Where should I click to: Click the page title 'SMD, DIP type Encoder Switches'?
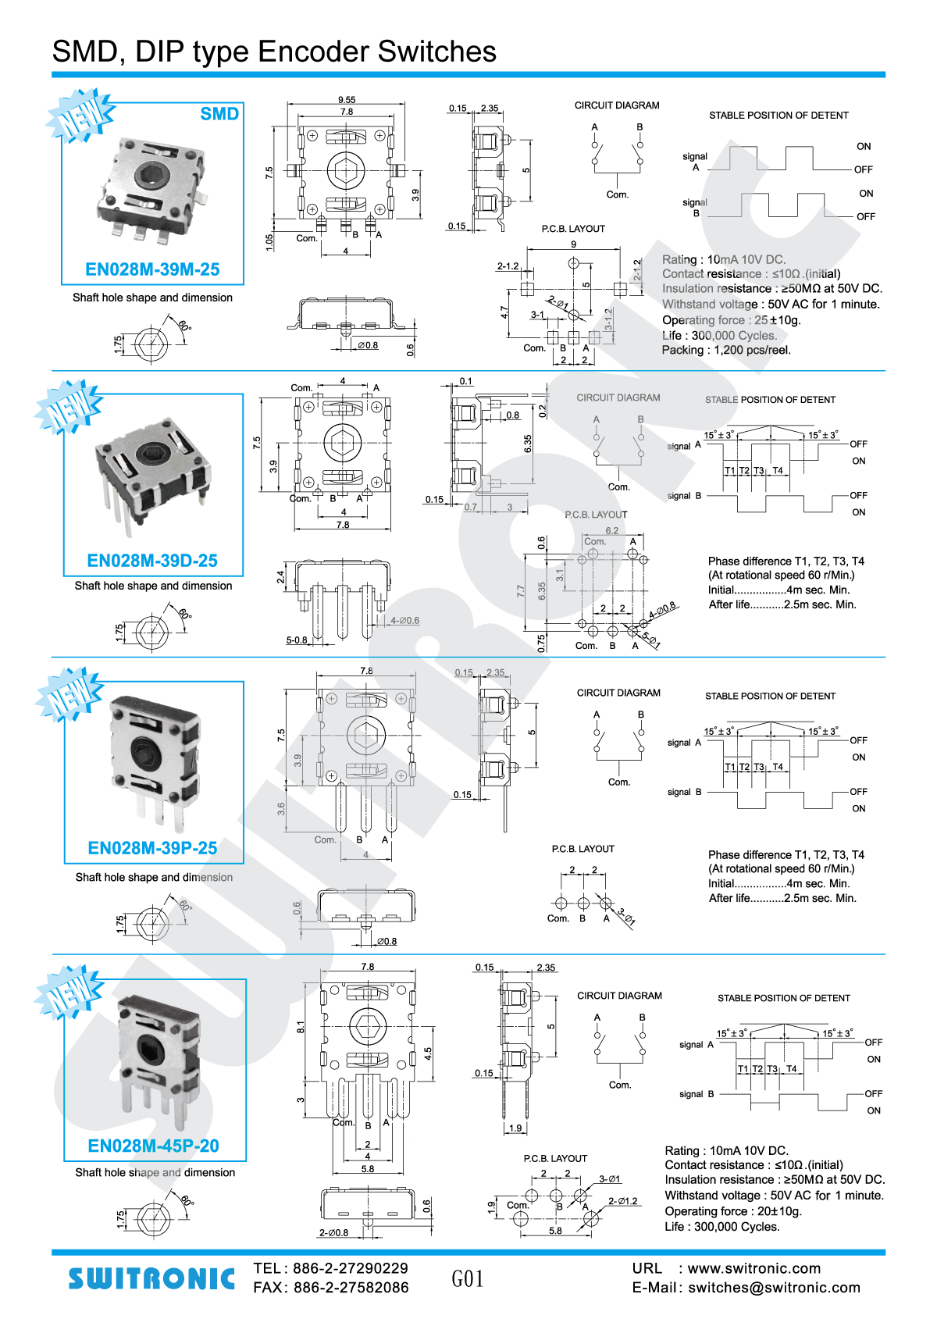(x=274, y=52)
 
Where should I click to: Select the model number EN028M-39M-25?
(x=152, y=269)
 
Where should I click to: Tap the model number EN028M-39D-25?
(x=152, y=561)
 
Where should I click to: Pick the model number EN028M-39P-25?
(x=152, y=848)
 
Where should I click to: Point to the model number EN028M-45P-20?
(x=153, y=1146)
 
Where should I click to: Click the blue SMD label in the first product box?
(x=219, y=114)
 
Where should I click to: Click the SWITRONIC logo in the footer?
(x=151, y=1278)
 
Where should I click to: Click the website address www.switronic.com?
(x=754, y=1268)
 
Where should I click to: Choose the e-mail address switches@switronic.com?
(x=774, y=1288)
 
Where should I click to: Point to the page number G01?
(x=467, y=1278)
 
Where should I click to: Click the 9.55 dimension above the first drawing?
(x=347, y=100)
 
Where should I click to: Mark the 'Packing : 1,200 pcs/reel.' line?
(x=726, y=350)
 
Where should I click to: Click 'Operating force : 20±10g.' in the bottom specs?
(x=733, y=1211)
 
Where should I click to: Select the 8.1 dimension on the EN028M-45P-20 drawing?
(x=301, y=1027)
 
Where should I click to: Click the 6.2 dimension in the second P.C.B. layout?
(x=612, y=531)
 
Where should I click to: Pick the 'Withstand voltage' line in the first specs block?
(x=771, y=305)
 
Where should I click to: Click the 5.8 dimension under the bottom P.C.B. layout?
(x=555, y=1231)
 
